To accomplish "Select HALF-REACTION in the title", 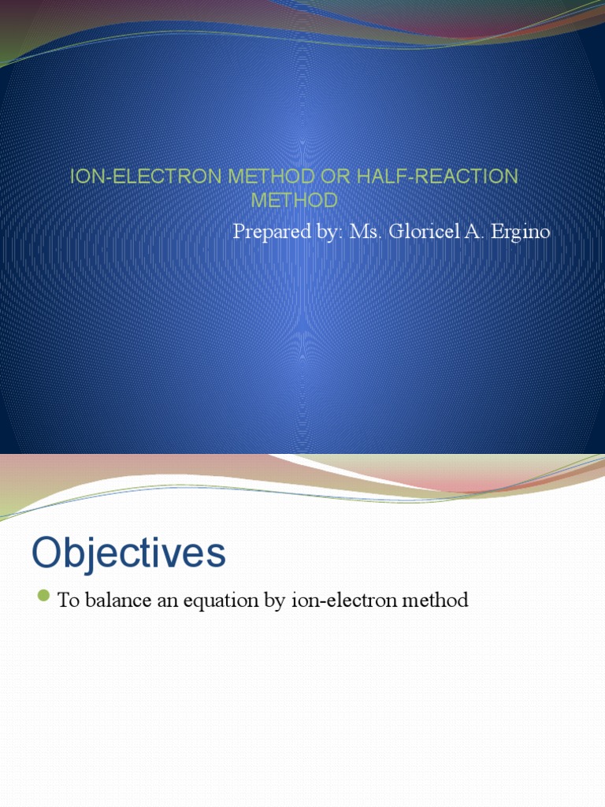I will [x=437, y=177].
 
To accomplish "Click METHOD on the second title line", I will [x=294, y=200].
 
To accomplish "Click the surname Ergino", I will [x=517, y=232].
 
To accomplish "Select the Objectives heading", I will [x=128, y=553].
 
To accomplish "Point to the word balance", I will [x=117, y=601].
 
